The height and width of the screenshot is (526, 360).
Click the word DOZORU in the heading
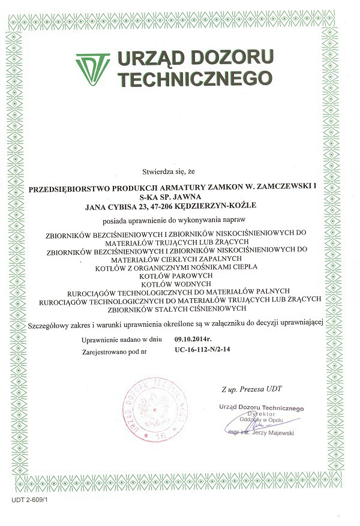236,58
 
